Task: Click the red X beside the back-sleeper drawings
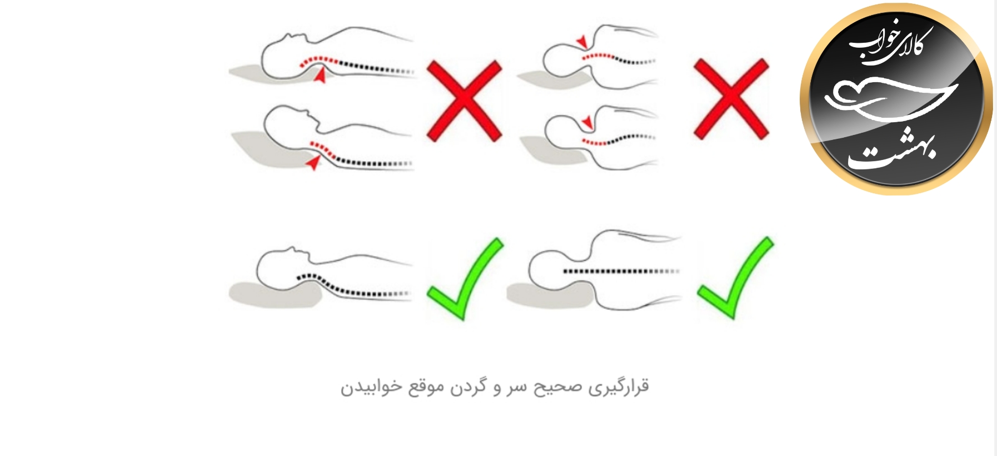pyautogui.click(x=464, y=101)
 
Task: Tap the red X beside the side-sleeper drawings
pyautogui.click(x=731, y=99)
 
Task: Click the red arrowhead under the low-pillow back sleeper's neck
pyautogui.click(x=320, y=76)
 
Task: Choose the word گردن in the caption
pyautogui.click(x=468, y=387)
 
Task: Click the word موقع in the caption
pyautogui.click(x=426, y=387)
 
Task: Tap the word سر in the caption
pyautogui.click(x=516, y=387)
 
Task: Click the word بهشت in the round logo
pyautogui.click(x=893, y=151)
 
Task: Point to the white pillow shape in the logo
pyautogui.click(x=889, y=100)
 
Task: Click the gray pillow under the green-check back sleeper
pyautogui.click(x=272, y=295)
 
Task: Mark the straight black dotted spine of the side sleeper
pyautogui.click(x=620, y=272)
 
